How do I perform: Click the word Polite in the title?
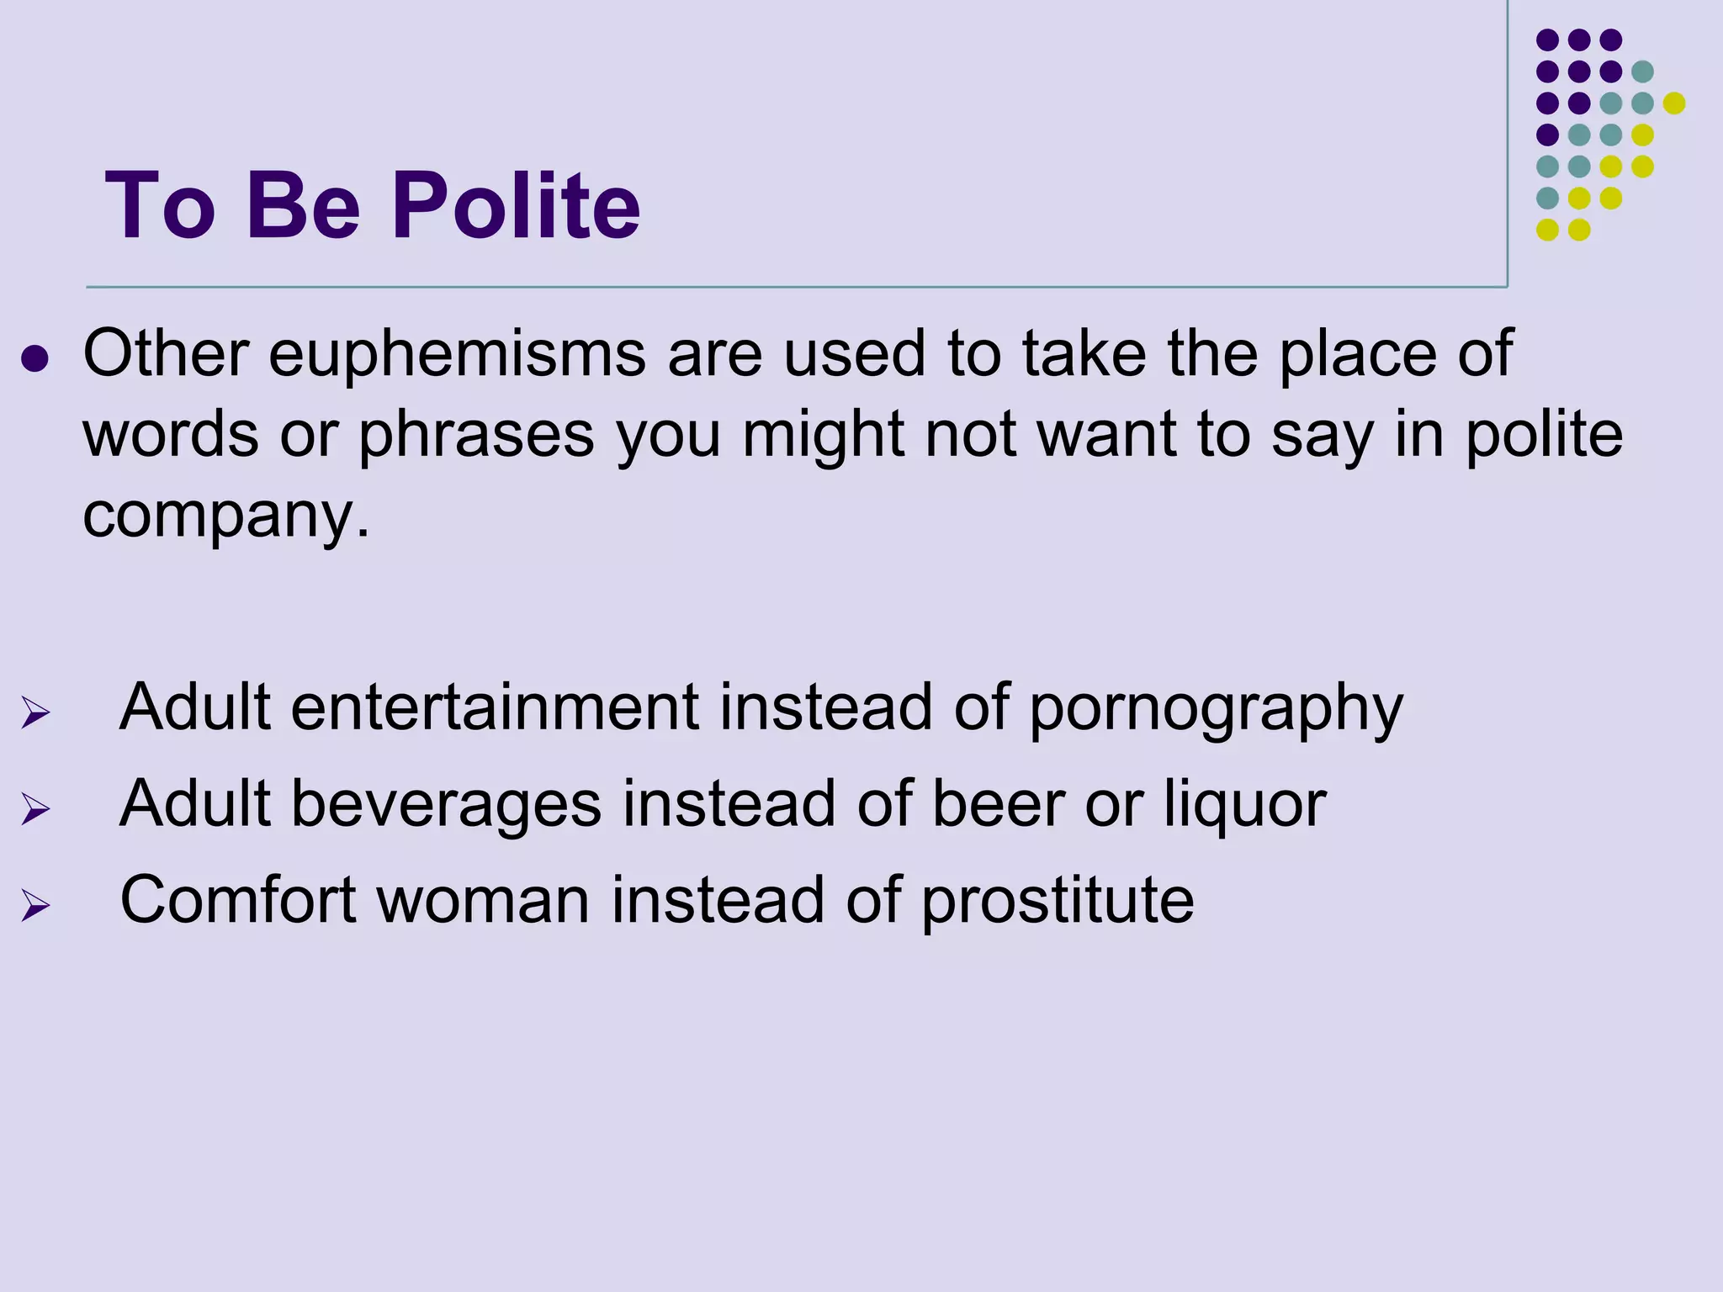(x=516, y=206)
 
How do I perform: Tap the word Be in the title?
(x=303, y=206)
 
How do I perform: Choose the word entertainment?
(x=495, y=707)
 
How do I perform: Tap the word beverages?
(x=446, y=803)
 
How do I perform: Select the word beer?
(x=998, y=803)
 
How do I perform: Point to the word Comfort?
(x=238, y=900)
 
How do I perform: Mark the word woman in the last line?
(x=483, y=900)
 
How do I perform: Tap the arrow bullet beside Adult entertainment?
(x=35, y=713)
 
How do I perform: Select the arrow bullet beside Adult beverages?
(x=35, y=809)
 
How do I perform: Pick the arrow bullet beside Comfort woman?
(x=35, y=906)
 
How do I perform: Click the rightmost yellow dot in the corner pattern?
(x=1674, y=103)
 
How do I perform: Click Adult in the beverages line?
(x=195, y=803)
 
